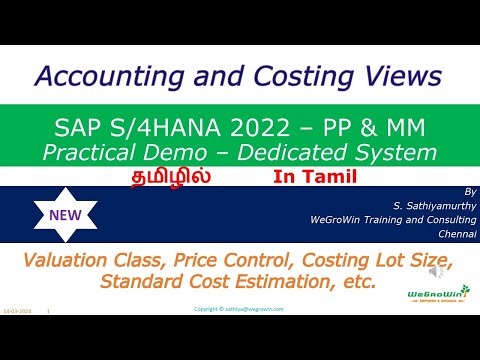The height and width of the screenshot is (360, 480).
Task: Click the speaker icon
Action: tap(435, 271)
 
